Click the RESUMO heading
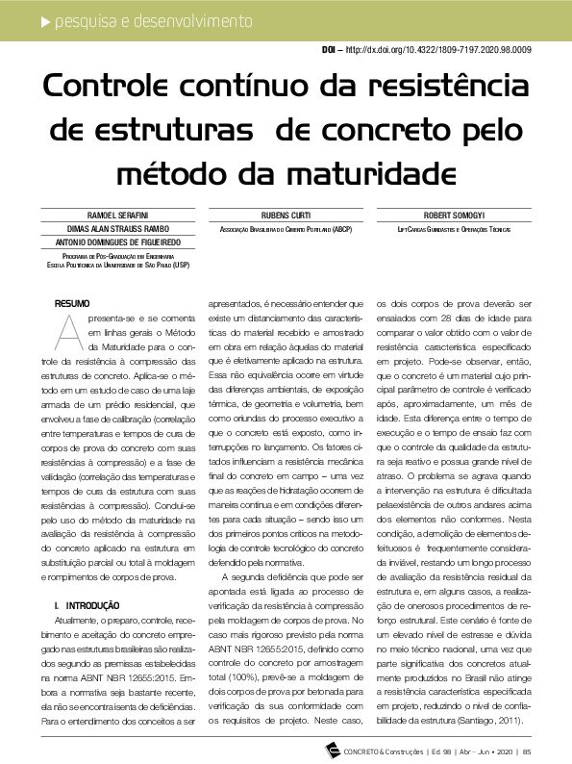click(73, 303)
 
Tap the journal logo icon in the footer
click(333, 750)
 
